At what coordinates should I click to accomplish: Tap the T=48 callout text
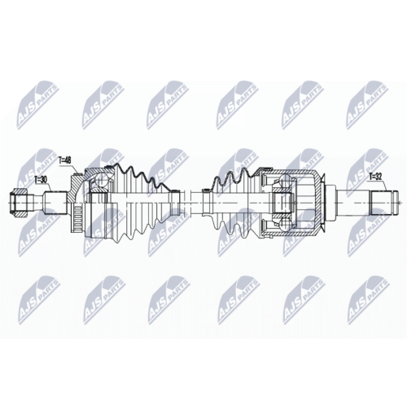click(x=65, y=160)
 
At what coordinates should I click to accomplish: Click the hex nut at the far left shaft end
click(x=19, y=203)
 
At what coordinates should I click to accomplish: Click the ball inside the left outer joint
click(x=100, y=182)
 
